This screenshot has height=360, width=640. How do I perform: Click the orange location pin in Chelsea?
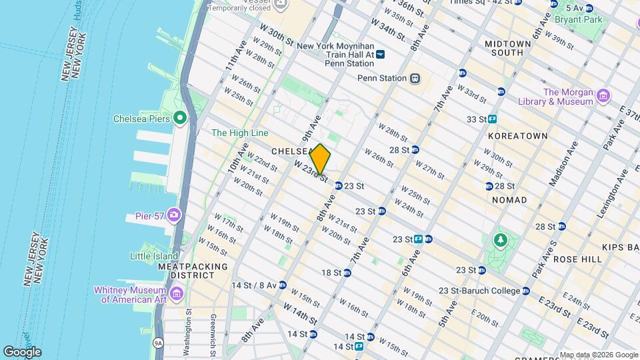click(320, 159)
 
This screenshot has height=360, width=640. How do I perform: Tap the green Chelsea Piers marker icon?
click(179, 119)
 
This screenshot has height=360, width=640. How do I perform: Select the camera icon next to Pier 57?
click(174, 215)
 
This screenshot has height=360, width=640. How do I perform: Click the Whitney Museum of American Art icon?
click(177, 293)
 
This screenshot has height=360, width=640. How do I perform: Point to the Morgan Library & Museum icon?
click(603, 96)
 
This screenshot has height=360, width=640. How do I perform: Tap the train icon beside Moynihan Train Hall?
click(380, 54)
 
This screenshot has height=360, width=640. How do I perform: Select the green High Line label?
click(239, 133)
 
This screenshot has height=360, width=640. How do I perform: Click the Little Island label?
click(154, 256)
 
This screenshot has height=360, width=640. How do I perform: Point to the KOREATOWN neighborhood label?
click(517, 136)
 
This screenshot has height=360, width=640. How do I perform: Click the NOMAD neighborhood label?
click(510, 200)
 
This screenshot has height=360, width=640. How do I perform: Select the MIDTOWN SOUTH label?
click(508, 48)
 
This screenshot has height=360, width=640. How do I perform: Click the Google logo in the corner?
click(22, 352)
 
